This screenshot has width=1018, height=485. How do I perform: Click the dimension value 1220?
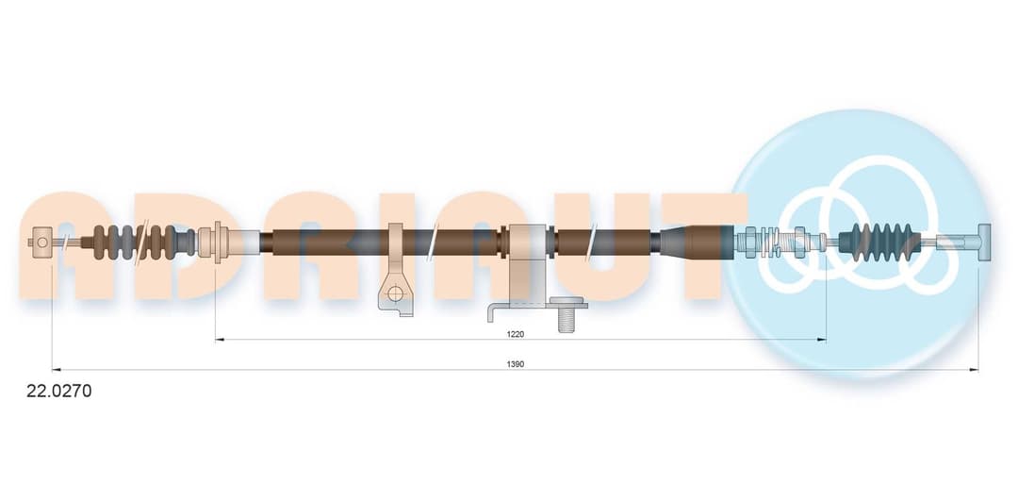pos(515,334)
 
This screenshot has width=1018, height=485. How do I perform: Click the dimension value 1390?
pos(515,364)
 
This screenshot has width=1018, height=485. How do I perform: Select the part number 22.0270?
pos(59,391)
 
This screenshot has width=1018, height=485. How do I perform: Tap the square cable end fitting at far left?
pos(42,242)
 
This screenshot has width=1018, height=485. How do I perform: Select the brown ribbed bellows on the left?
pos(139,242)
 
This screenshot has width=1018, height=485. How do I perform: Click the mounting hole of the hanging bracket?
pos(395,293)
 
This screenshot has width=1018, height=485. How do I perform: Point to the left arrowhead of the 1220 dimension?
pos(219,340)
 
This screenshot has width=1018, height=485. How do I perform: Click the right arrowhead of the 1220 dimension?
pos(822,340)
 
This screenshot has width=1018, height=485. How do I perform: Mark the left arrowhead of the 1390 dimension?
pos(56,369)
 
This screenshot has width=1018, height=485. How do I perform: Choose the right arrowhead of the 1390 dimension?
pos(974,369)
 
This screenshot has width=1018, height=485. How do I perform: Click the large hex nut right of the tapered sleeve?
pos(750,242)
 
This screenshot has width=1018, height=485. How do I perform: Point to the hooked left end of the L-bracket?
pos(492,314)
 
